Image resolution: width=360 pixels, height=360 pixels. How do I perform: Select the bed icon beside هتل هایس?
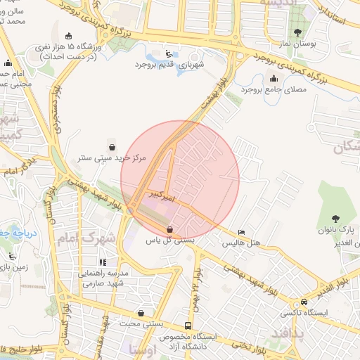point(243,232)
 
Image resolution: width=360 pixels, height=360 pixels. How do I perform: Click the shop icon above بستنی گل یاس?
point(169,229)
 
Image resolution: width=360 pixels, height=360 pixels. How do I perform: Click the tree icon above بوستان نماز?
point(298,32)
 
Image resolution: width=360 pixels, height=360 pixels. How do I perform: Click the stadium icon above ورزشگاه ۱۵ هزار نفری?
point(68,36)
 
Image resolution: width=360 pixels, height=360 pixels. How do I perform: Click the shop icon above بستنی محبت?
point(142,313)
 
